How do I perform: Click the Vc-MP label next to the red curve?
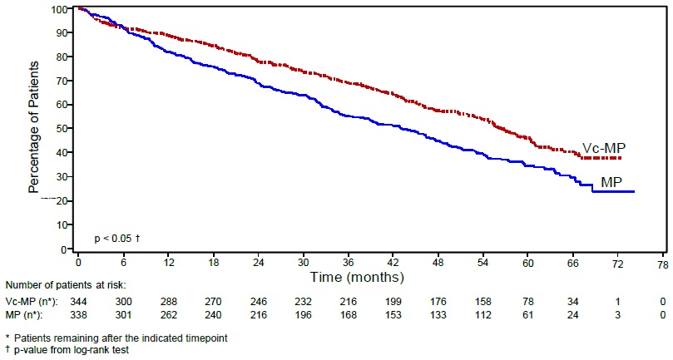point(603,147)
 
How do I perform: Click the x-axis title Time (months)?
point(358,275)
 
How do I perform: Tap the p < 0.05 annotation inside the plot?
point(116,239)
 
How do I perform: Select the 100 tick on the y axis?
point(58,9)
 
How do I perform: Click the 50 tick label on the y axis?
point(61,129)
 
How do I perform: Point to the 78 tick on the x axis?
point(662,262)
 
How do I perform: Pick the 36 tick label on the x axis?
point(349,262)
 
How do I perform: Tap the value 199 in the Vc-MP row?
point(393,301)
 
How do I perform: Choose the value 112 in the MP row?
point(482,314)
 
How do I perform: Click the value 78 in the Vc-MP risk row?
point(527,301)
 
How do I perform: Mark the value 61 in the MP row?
point(527,314)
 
